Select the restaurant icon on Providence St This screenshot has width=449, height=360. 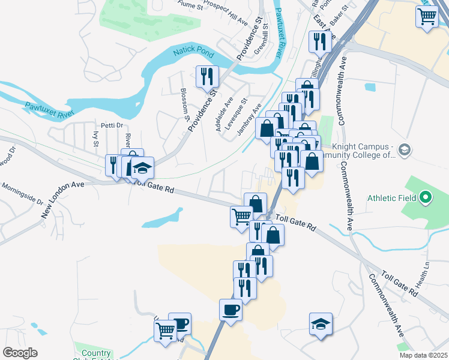[207, 76]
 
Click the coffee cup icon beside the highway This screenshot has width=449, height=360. [231, 310]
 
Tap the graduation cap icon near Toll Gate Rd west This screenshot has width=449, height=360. [143, 167]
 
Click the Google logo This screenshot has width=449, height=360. [20, 353]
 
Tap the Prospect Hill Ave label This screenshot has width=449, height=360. [225, 11]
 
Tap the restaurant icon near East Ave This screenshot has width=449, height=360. [318, 41]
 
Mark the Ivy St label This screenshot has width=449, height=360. [95, 139]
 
